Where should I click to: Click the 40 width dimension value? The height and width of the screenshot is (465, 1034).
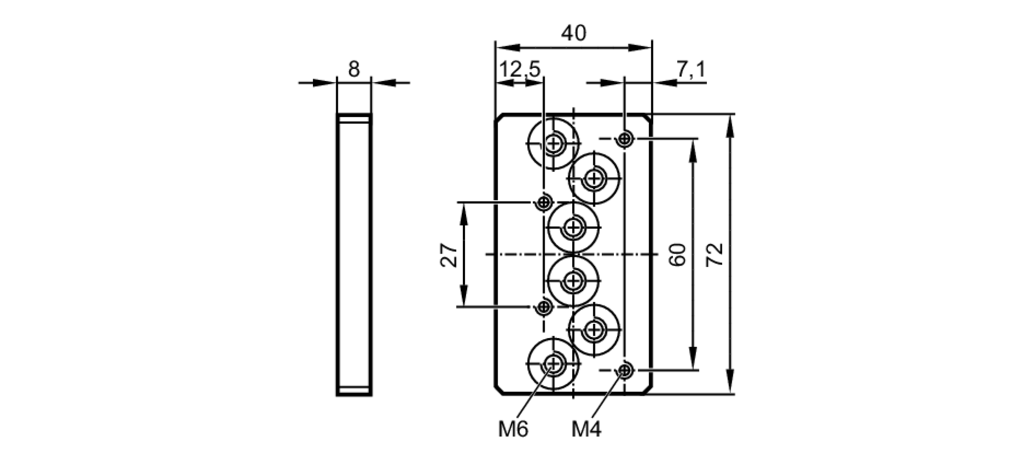pos(573,34)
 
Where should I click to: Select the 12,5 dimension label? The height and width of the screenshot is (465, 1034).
pos(520,69)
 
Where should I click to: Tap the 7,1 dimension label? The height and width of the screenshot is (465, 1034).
pos(691,69)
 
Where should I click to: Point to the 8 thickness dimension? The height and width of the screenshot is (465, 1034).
pos(354,69)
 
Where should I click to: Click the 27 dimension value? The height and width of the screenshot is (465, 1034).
pos(449,254)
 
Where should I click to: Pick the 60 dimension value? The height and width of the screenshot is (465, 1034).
pos(677,254)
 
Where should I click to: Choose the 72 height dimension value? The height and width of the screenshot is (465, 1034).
pos(714,254)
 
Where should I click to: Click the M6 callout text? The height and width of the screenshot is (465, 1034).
pos(513,429)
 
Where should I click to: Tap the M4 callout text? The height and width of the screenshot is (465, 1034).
pos(586,429)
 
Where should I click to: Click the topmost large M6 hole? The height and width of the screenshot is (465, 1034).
pos(554,143)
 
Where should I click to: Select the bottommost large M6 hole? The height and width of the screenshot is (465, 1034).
pos(554,364)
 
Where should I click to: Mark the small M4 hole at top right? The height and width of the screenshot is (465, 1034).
pos(625,139)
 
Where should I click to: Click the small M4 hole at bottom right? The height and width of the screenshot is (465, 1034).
pos(625,370)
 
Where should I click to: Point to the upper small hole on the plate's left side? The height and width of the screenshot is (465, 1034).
pos(543,202)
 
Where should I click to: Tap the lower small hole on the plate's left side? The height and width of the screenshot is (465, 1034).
pos(543,307)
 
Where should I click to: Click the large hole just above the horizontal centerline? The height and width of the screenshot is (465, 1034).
pos(573,227)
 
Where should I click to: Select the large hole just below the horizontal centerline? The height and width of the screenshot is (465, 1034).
pos(573,281)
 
